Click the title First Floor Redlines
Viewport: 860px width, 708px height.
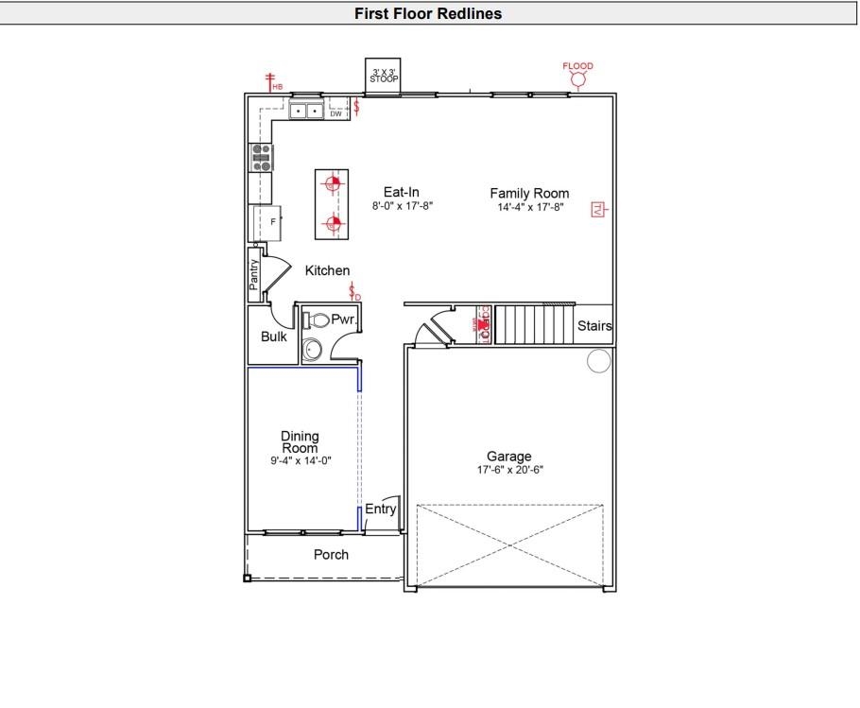[428, 13]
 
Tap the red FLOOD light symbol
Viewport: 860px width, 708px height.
[577, 79]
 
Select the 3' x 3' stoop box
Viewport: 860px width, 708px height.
[384, 77]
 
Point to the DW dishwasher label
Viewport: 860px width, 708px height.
[335, 114]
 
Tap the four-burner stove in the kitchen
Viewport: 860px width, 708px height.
[260, 157]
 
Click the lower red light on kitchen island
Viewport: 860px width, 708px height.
[331, 224]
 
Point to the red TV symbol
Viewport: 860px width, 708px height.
[596, 210]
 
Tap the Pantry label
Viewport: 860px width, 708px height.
[253, 275]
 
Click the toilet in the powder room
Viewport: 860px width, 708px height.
[317, 320]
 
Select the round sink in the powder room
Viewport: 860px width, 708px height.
[313, 351]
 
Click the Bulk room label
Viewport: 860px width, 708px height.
[274, 337]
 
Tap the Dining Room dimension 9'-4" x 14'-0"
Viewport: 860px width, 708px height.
[300, 460]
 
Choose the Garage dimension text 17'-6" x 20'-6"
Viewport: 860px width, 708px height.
[509, 470]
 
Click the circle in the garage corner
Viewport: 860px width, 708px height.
[598, 360]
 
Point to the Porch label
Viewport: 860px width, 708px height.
[331, 555]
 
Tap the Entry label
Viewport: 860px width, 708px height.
[380, 509]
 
